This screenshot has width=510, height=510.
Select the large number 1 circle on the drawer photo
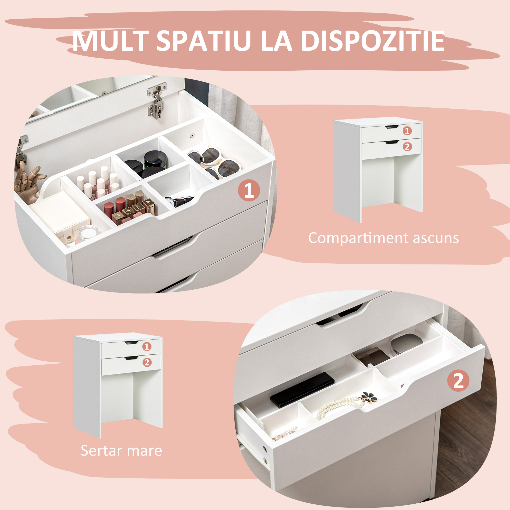pyautogui.click(x=249, y=190)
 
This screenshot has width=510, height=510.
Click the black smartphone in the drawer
pyautogui.click(x=302, y=389)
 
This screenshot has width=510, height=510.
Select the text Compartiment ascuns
pyautogui.click(x=383, y=238)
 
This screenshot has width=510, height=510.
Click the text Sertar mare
pyautogui.click(x=121, y=451)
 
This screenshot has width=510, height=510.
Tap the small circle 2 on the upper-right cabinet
pyautogui.click(x=407, y=147)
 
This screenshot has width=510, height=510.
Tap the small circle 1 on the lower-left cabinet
pyautogui.click(x=147, y=346)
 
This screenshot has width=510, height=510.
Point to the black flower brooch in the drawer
pyautogui.click(x=369, y=397)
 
